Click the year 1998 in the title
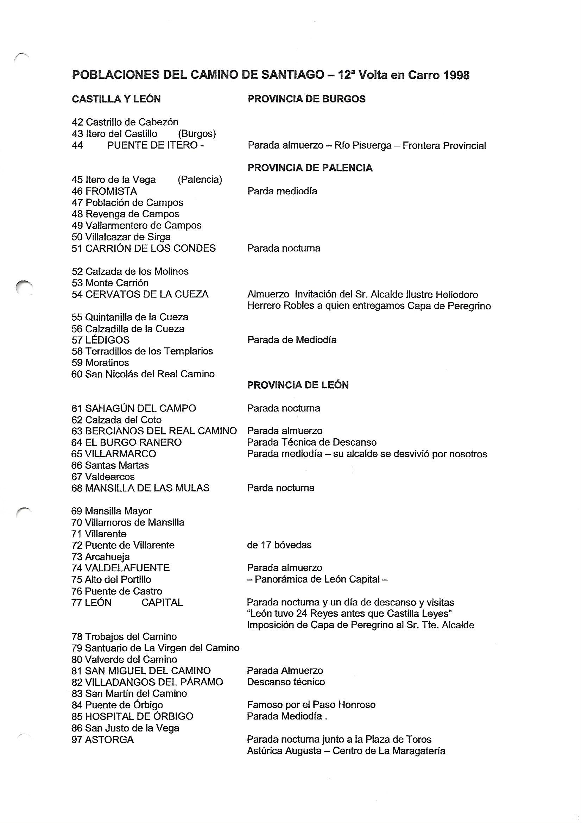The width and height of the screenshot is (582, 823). click(x=456, y=75)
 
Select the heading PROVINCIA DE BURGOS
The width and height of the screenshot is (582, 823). click(x=306, y=99)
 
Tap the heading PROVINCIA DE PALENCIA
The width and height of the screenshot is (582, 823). click(x=310, y=168)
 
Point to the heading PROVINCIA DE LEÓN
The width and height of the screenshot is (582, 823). click(x=298, y=385)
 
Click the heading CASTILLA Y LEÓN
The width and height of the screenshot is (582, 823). click(x=116, y=99)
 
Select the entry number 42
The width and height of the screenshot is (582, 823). click(x=77, y=122)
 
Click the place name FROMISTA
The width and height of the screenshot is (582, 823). click(x=111, y=191)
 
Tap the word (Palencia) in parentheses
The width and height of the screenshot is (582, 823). click(x=200, y=180)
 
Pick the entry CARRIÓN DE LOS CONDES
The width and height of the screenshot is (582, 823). click(x=150, y=248)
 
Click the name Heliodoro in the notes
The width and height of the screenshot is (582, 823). click(x=457, y=295)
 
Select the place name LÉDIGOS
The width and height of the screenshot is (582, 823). click(x=107, y=340)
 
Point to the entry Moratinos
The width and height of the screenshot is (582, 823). click(x=107, y=363)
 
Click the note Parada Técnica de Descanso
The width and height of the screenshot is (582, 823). click(x=311, y=442)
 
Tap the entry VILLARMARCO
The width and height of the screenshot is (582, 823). click(x=120, y=454)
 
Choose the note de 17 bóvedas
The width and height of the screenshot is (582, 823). click(x=279, y=545)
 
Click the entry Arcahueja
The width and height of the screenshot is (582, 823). click(x=107, y=557)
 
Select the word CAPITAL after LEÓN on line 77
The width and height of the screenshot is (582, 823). click(x=162, y=603)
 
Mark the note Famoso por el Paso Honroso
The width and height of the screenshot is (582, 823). click(x=311, y=705)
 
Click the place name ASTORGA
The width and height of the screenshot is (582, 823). click(x=109, y=739)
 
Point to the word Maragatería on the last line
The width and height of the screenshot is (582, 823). click(x=419, y=750)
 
